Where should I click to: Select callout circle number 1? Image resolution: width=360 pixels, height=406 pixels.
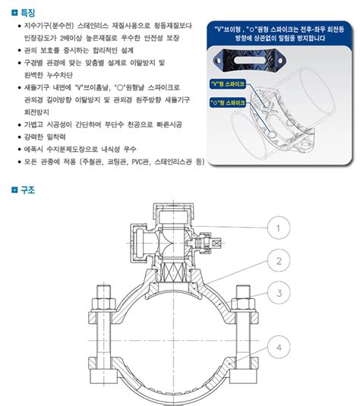pyautogui.click(x=279, y=227)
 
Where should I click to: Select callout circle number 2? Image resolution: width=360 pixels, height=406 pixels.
pyautogui.click(x=279, y=261)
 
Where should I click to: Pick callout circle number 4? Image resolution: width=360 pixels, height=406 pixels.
pyautogui.click(x=279, y=350)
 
